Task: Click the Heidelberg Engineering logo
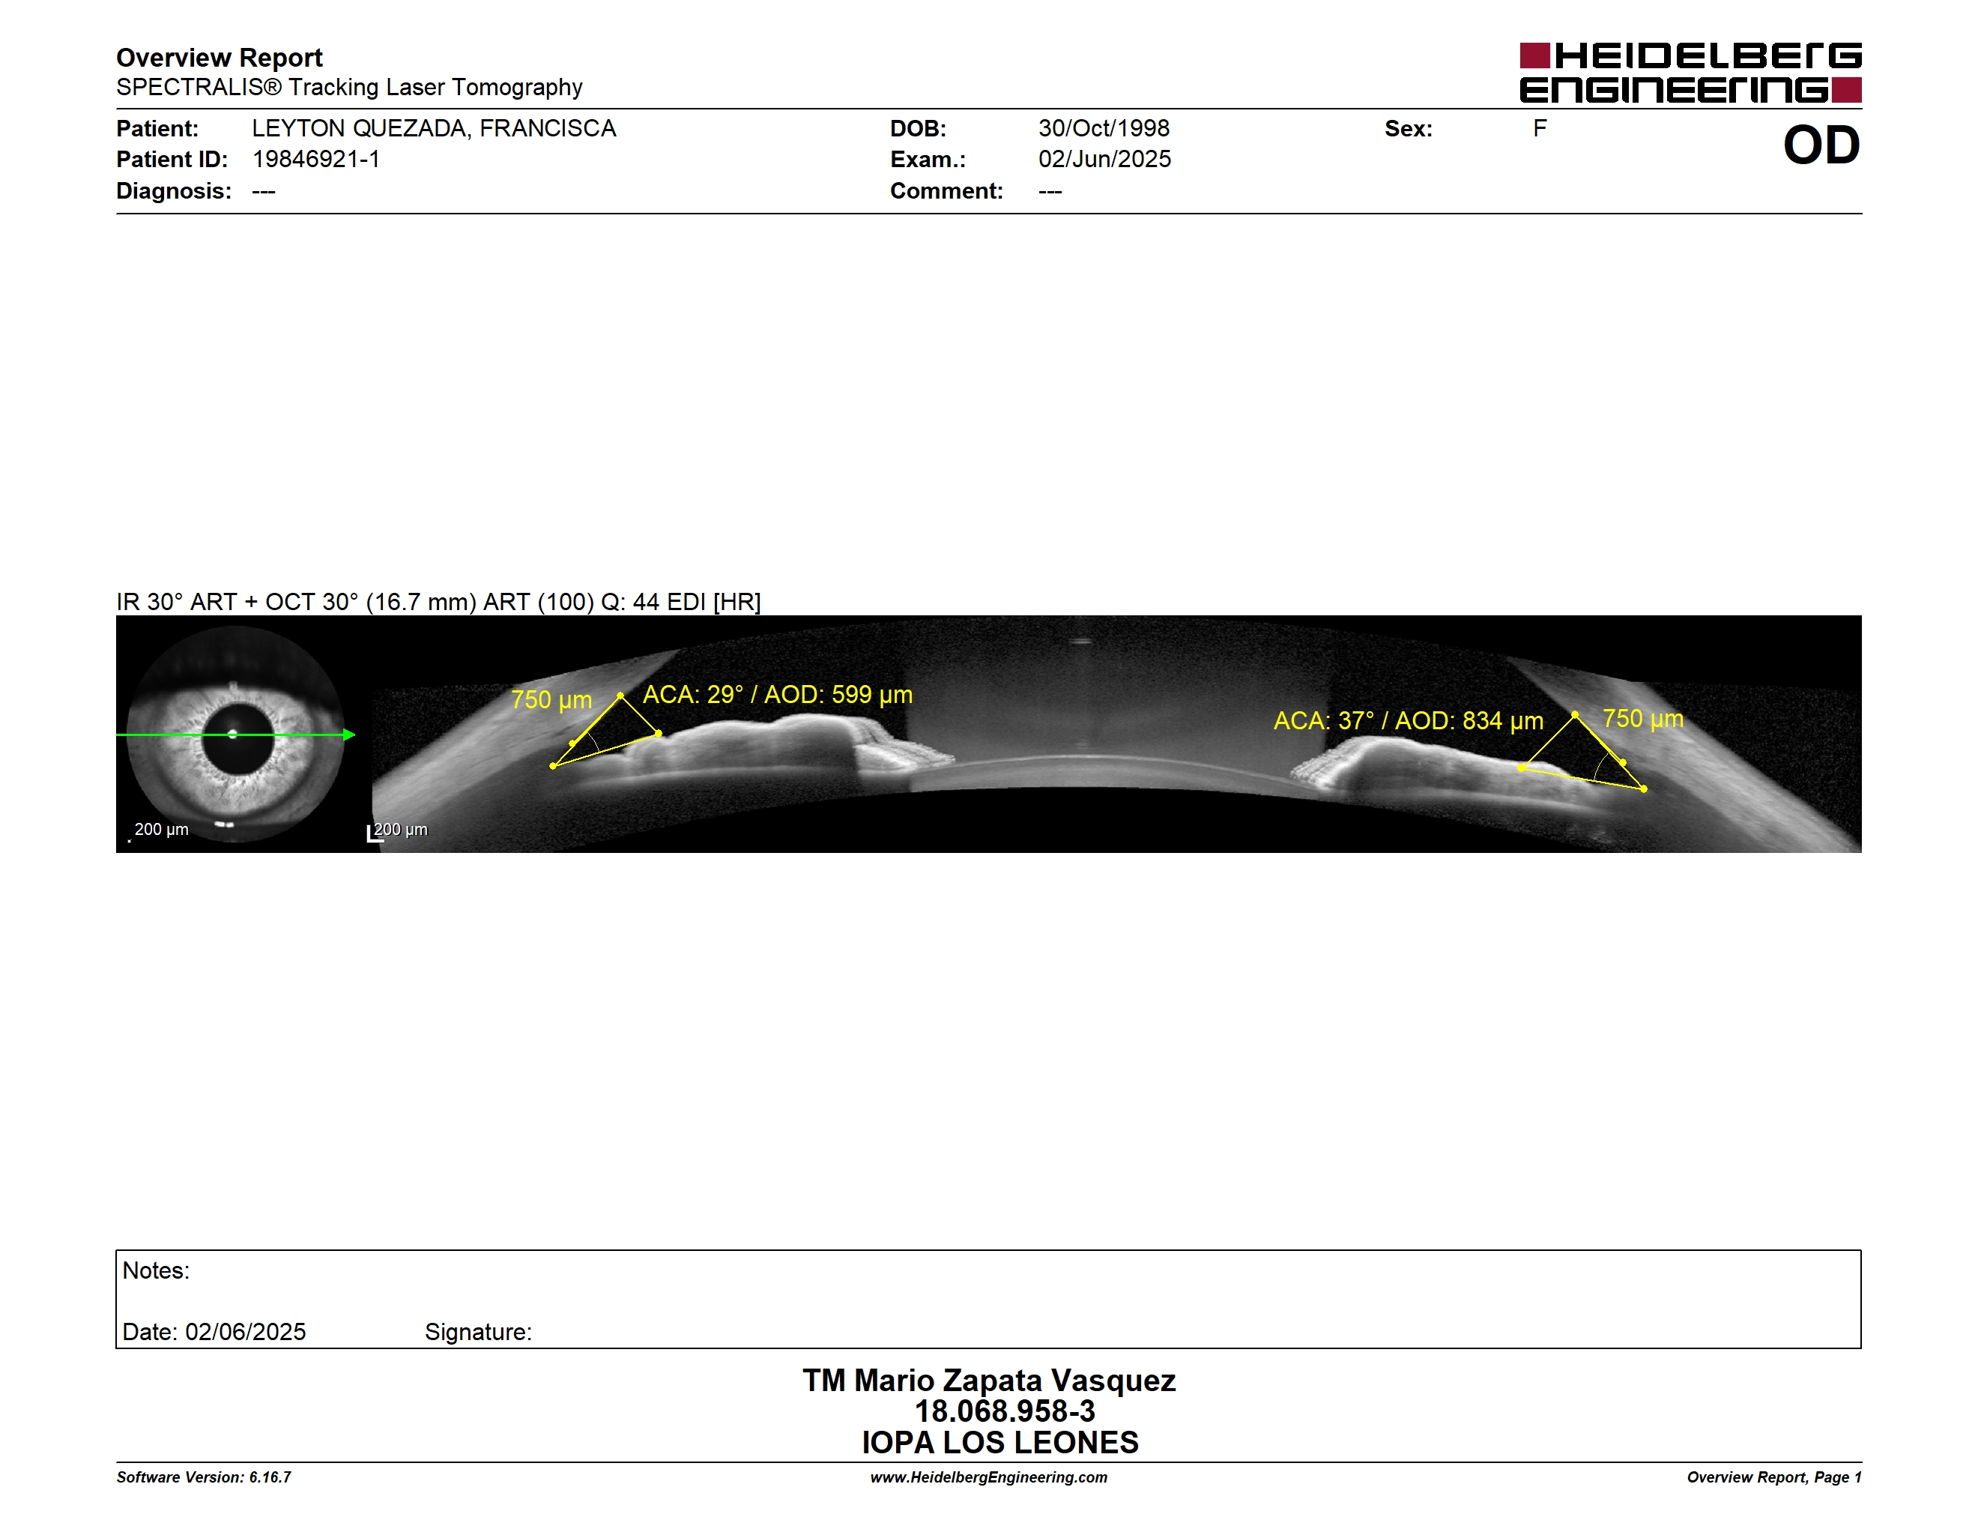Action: pos(1690,73)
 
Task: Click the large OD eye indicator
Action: pos(1821,145)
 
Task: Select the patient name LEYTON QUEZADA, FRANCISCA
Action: pos(434,129)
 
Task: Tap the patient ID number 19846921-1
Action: pos(316,160)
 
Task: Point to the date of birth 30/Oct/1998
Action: pos(1104,129)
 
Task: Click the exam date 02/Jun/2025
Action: pos(1105,160)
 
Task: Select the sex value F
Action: pos(1540,129)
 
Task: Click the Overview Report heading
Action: pos(220,58)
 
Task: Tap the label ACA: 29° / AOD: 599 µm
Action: pos(778,695)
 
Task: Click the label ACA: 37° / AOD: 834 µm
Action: pos(1409,721)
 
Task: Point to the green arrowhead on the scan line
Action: pos(350,735)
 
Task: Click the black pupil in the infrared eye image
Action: pos(238,738)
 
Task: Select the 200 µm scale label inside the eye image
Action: pos(161,829)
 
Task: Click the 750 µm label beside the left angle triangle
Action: pos(551,700)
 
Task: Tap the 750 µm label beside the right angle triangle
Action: pos(1643,720)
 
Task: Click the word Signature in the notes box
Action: pos(478,1333)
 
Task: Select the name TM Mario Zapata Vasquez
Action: pos(989,1381)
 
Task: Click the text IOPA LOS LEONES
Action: pos(1000,1442)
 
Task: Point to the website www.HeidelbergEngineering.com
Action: pos(989,1477)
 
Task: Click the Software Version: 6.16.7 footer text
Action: pos(204,1477)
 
